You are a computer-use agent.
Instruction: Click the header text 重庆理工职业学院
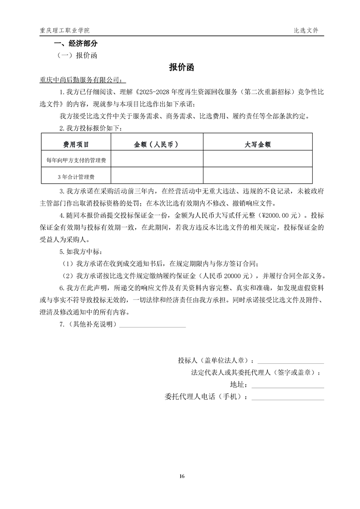(x=64, y=30)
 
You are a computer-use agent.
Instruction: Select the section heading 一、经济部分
(x=75, y=44)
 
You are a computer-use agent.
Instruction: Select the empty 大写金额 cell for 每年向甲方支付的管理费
(x=257, y=160)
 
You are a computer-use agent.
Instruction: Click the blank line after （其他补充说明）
(x=153, y=325)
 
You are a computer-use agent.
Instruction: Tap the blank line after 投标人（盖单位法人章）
(x=291, y=361)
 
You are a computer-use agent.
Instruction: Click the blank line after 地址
(x=287, y=385)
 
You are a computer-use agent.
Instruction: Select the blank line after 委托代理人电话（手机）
(x=287, y=397)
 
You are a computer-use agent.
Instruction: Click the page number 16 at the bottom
(x=182, y=476)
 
